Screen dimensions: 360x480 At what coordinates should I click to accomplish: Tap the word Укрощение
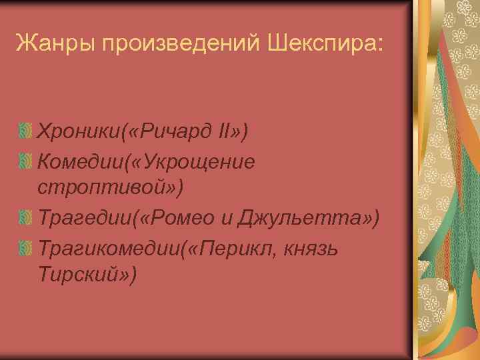pos(199,162)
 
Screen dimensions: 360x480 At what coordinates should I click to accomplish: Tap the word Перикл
pos(226,248)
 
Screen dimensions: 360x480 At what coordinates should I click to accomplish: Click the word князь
pos(310,248)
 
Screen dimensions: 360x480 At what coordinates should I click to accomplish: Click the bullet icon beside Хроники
pos(25,132)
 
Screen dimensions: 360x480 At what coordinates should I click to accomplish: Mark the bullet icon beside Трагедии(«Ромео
pos(25,218)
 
